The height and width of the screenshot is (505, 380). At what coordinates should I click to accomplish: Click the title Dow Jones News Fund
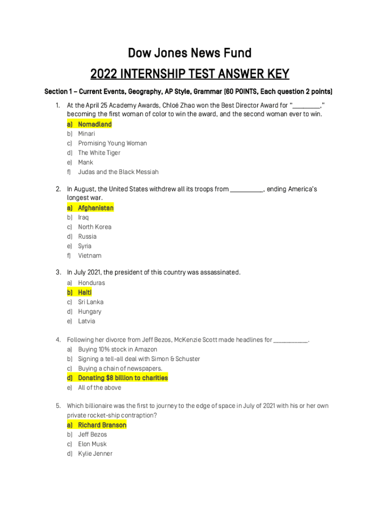[x=190, y=53]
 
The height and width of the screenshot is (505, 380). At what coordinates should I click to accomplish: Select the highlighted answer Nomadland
[x=95, y=124]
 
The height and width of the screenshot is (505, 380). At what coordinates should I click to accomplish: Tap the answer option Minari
[x=86, y=134]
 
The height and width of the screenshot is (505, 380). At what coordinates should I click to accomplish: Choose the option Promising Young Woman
[x=112, y=144]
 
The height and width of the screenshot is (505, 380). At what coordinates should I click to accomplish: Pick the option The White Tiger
[x=99, y=153]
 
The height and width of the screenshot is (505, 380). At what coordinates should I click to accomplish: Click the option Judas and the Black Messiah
[x=118, y=172]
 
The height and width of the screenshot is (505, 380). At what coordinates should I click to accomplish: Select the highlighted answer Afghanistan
[x=96, y=208]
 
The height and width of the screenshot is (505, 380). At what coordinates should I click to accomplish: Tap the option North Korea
[x=94, y=227]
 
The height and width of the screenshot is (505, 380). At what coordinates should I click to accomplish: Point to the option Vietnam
[x=89, y=256]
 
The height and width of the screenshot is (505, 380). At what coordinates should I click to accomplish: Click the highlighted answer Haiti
[x=85, y=292]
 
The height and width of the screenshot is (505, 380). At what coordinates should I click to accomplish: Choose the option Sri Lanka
[x=90, y=302]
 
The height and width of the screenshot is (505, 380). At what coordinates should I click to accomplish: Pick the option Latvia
[x=86, y=322]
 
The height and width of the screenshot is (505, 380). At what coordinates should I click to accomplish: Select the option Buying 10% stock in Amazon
[x=117, y=350]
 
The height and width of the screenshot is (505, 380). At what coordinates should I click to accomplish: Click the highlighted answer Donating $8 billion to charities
[x=123, y=378]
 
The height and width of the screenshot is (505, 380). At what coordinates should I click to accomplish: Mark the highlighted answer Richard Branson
[x=102, y=425]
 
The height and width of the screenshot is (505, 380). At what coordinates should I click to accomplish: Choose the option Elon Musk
[x=92, y=444]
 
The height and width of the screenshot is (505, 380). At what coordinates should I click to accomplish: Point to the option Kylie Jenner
[x=95, y=454]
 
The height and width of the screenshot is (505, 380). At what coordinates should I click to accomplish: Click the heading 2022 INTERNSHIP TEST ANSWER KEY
[x=190, y=74]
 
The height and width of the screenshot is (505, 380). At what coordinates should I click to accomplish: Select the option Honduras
[x=91, y=283]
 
